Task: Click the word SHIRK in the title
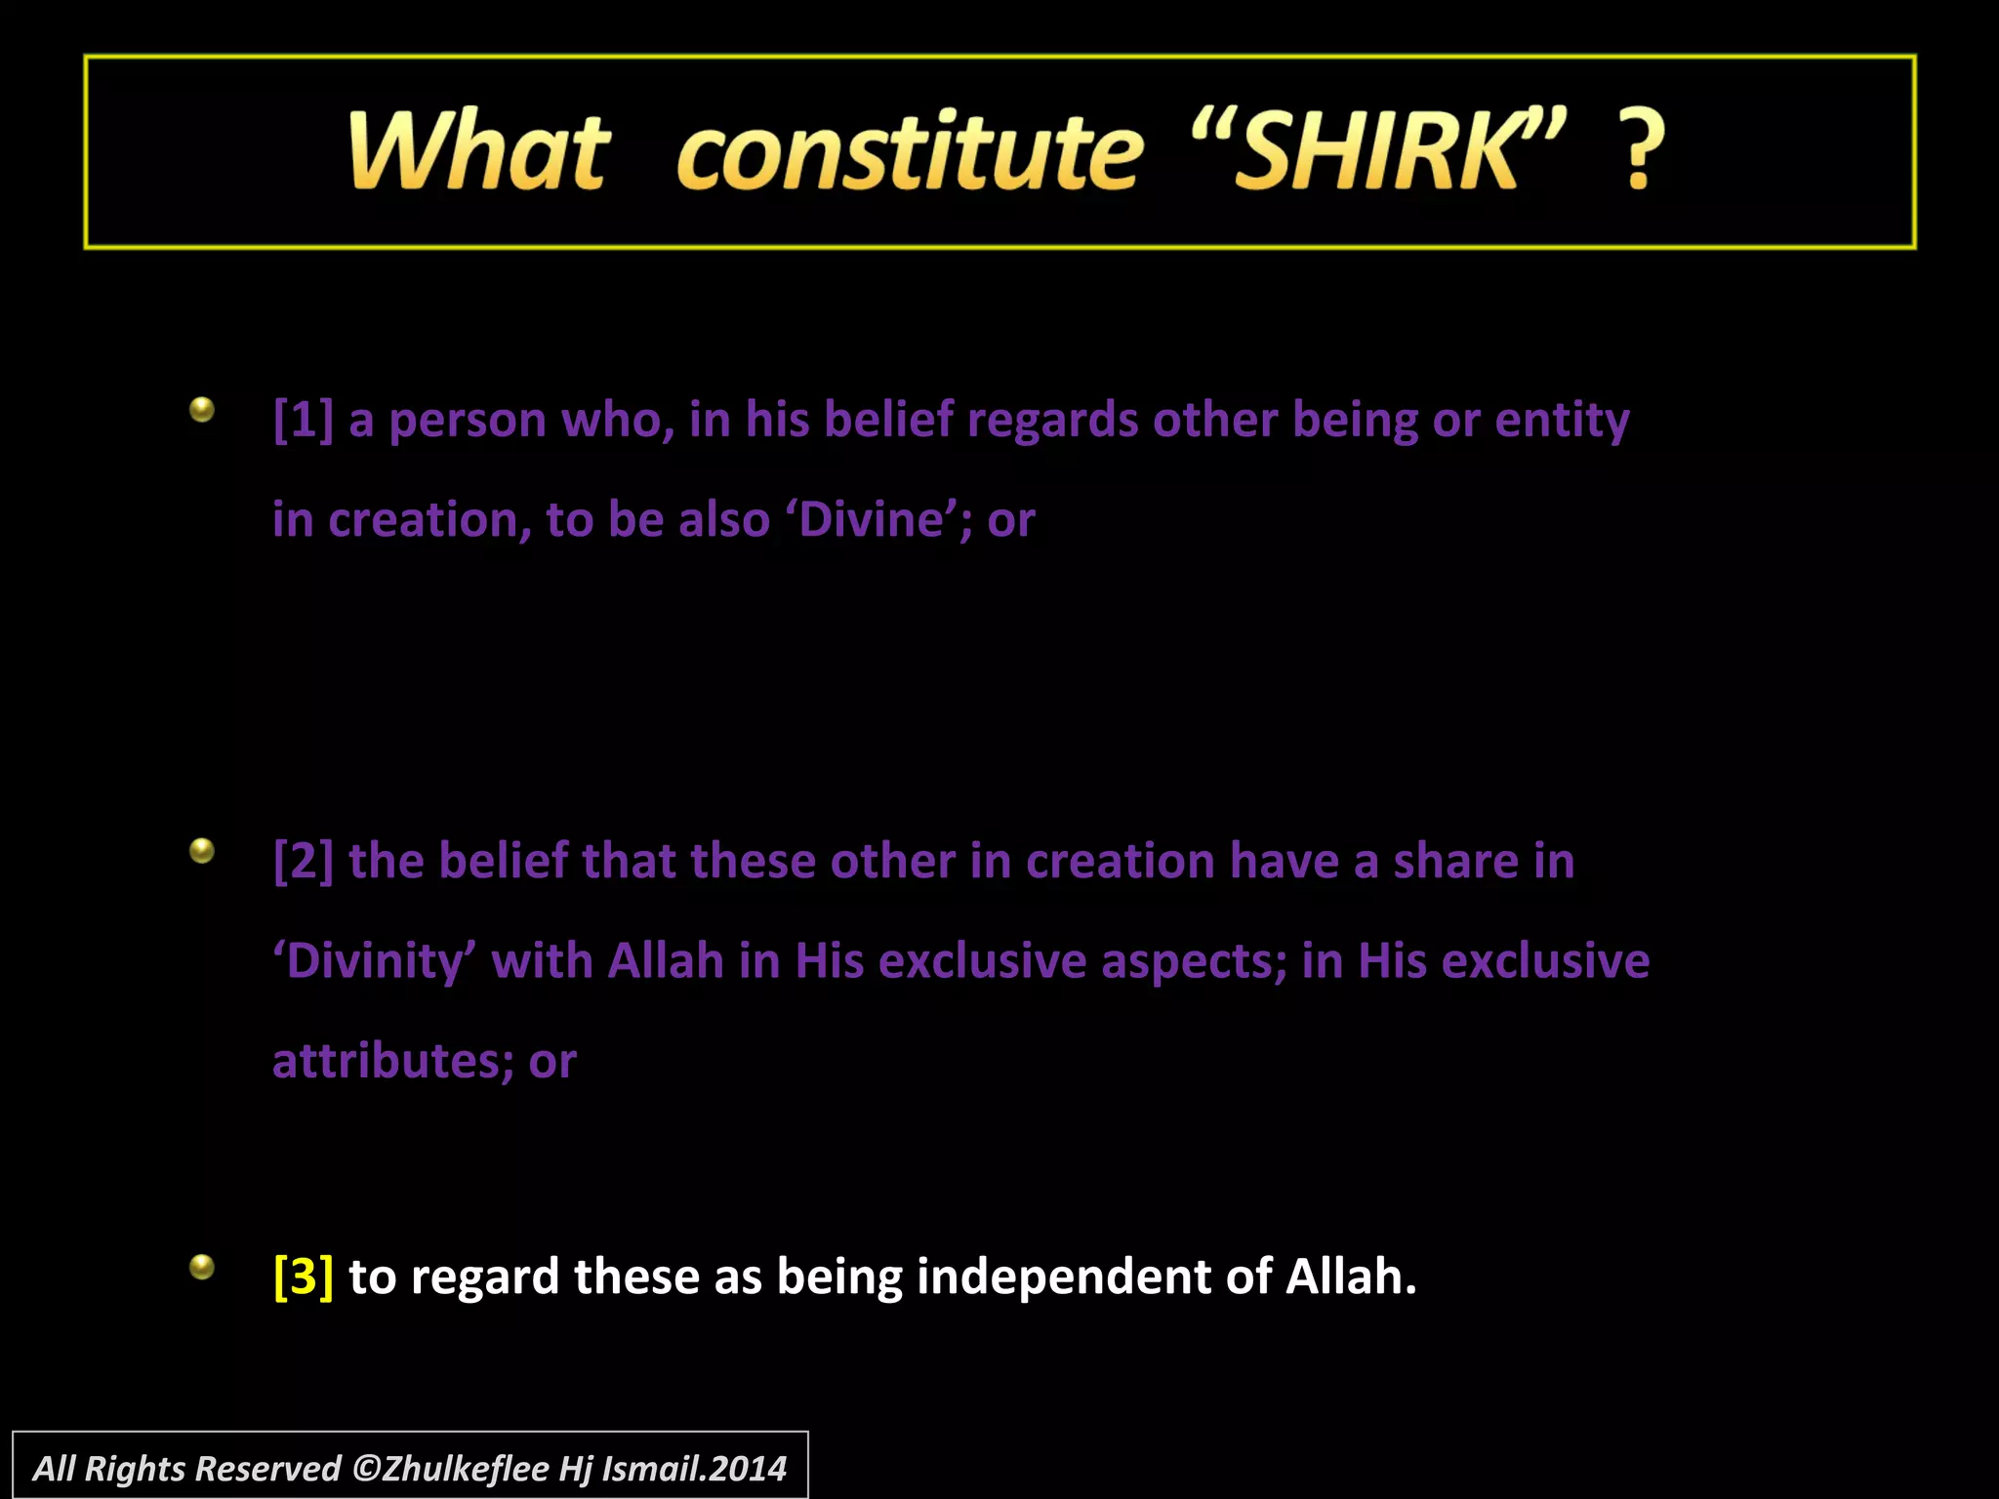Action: [x=1376, y=151]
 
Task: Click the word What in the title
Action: [x=478, y=151]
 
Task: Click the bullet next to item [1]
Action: [x=202, y=409]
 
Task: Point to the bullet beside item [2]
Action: [x=202, y=851]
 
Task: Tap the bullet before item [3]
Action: [x=202, y=1267]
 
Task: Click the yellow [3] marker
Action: [x=304, y=1276]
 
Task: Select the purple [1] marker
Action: [x=304, y=421]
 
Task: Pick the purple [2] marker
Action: [x=304, y=862]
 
